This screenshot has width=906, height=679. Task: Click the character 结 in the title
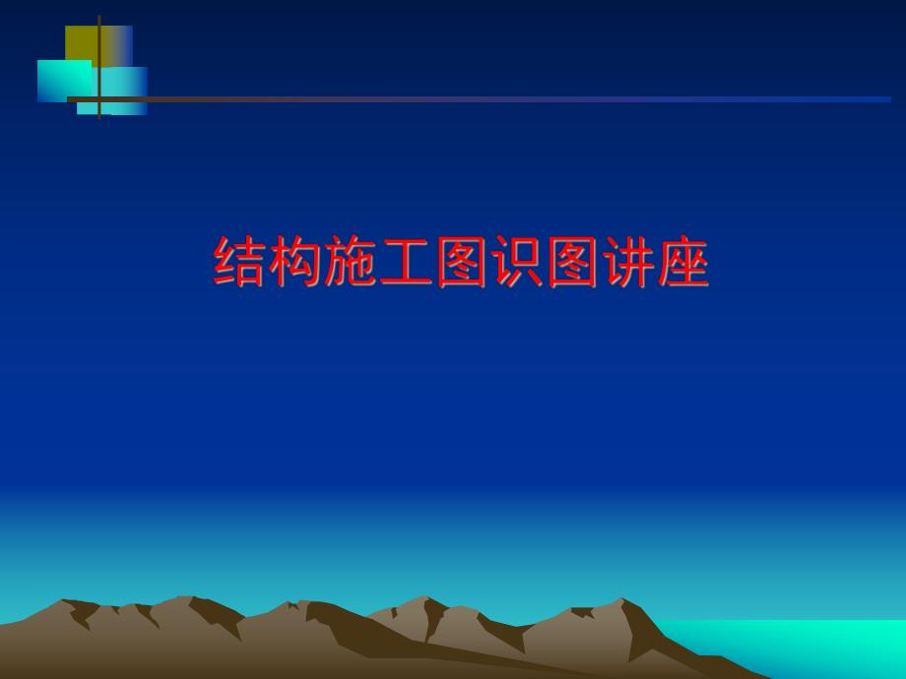pos(240,262)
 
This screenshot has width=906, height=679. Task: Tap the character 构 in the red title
pos(295,262)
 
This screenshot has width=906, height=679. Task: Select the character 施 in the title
pos(351,262)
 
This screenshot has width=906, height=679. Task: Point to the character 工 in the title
pos(406,262)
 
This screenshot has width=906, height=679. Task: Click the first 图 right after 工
pos(462,262)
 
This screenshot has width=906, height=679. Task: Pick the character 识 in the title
pos(517,262)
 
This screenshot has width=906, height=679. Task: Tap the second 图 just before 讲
pos(572,262)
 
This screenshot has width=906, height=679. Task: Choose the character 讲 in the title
pos(627,262)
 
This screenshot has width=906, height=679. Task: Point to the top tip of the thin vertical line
pos(99,16)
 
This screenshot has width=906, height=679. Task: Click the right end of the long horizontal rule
pos(889,99)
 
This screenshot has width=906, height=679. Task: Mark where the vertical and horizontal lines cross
pos(99,99)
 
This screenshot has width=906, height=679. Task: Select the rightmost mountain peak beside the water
pos(621,599)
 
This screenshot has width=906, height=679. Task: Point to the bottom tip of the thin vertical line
pos(99,119)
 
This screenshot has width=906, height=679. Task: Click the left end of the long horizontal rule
pos(68,99)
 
